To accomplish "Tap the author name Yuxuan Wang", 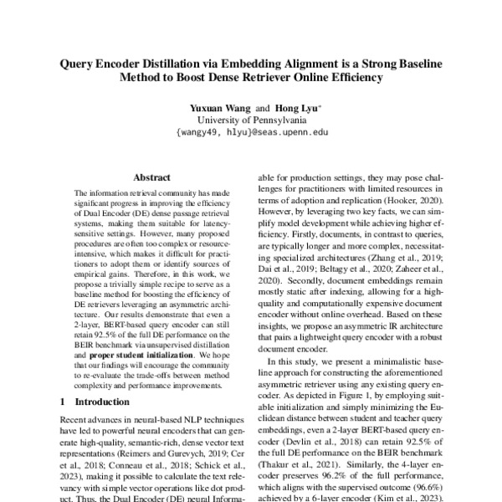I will point(221,108).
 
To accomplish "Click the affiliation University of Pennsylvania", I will point(251,120).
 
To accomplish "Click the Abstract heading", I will point(151,178).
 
